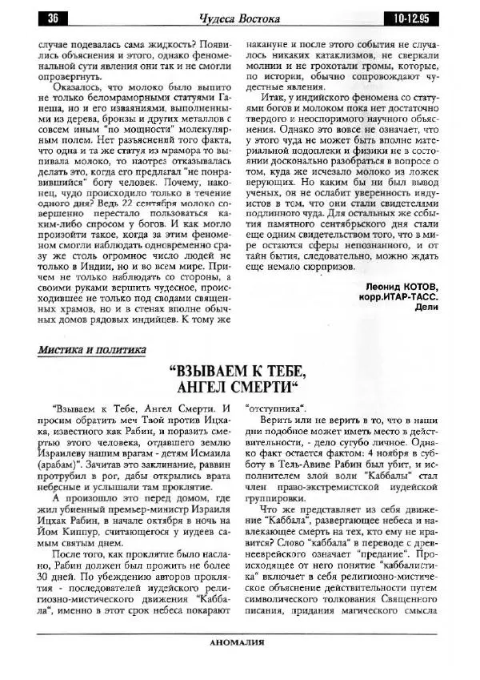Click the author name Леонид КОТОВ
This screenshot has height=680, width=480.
pyautogui.click(x=395, y=287)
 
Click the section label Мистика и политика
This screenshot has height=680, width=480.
pyautogui.click(x=92, y=349)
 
